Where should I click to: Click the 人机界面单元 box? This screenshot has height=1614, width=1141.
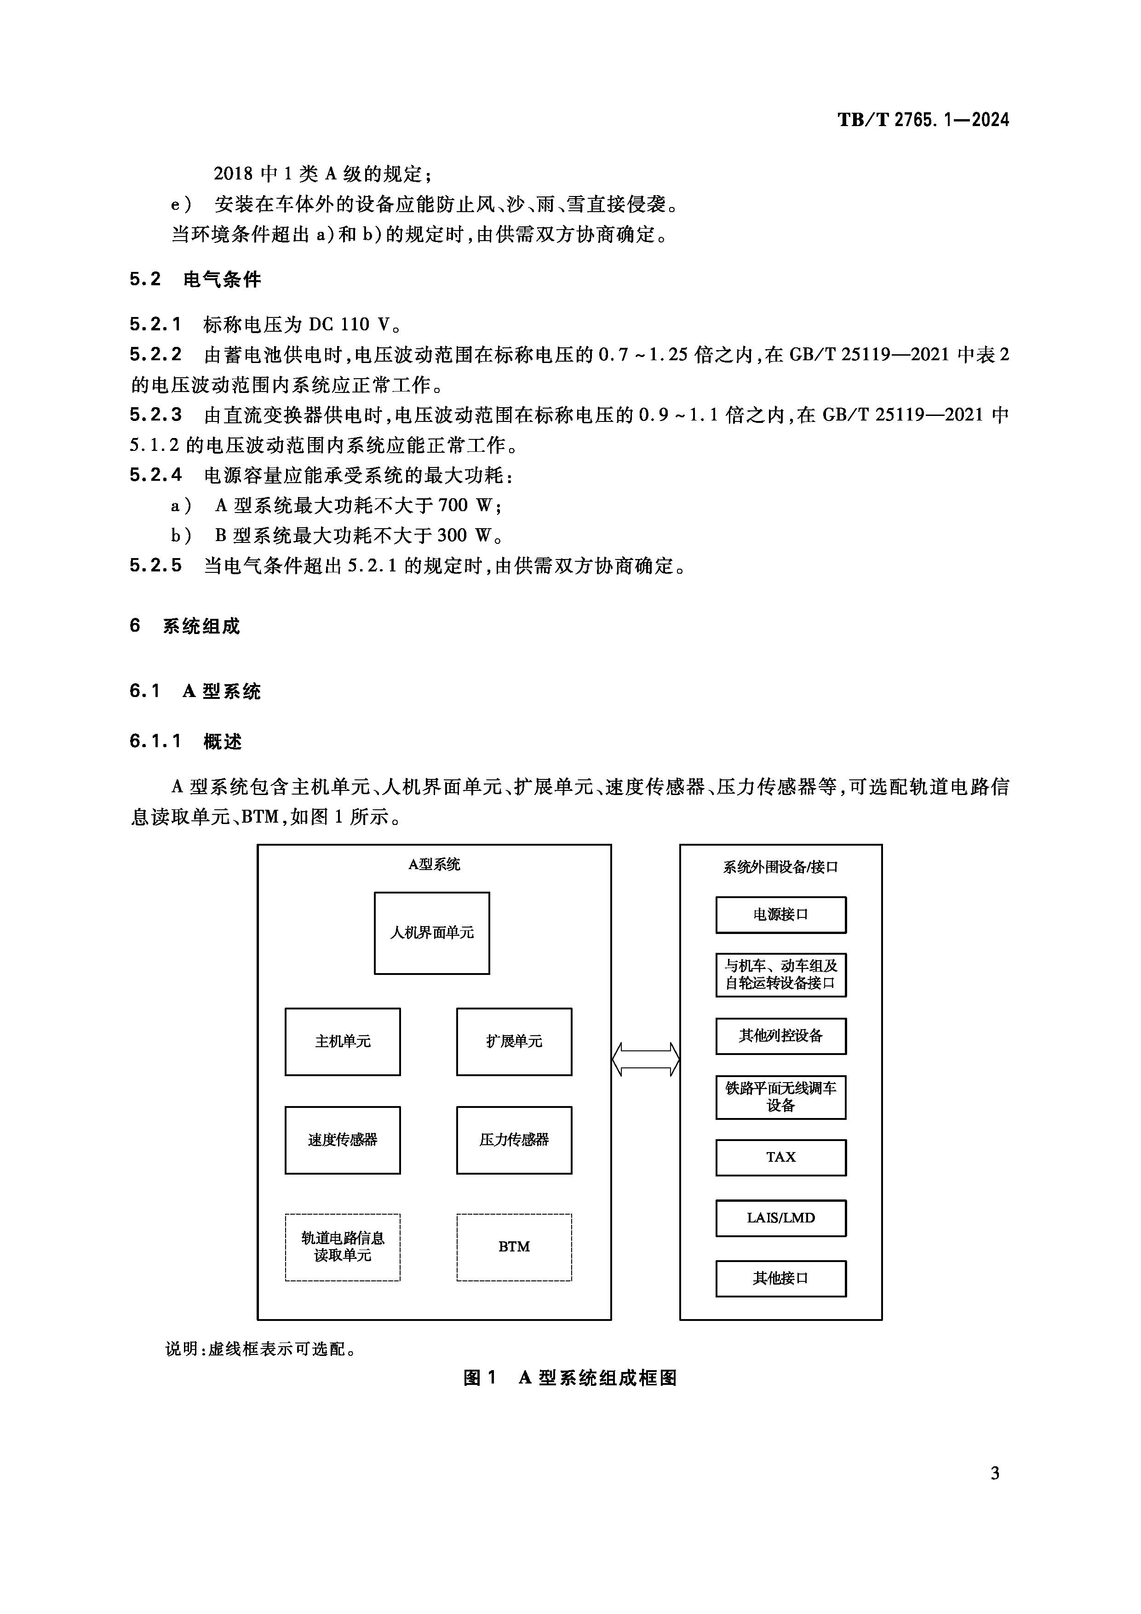pos(431,933)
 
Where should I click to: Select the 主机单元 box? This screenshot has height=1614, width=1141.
pos(342,1041)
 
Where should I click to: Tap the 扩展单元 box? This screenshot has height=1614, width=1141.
pos(514,1041)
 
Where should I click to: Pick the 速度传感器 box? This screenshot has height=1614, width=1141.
pos(342,1140)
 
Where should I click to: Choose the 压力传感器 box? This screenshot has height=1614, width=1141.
pos(514,1140)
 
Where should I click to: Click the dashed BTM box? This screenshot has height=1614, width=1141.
pos(514,1246)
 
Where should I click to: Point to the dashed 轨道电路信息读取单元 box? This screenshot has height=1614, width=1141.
pos(342,1246)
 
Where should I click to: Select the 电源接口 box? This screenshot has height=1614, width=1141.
pos(780,915)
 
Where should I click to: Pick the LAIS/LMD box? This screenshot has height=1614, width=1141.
pos(780,1217)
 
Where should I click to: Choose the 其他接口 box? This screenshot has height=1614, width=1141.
pos(780,1278)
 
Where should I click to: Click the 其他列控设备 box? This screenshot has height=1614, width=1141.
pos(780,1036)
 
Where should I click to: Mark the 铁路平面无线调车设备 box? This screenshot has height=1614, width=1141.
pos(780,1096)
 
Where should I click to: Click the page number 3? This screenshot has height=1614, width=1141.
pos(994,1473)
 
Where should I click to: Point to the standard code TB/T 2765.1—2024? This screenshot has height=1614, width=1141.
pos(923,120)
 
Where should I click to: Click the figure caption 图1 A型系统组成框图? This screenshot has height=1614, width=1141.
pos(570,1378)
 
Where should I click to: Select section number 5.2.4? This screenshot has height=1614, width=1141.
pos(155,475)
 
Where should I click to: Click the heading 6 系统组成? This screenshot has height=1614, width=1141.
pos(185,626)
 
